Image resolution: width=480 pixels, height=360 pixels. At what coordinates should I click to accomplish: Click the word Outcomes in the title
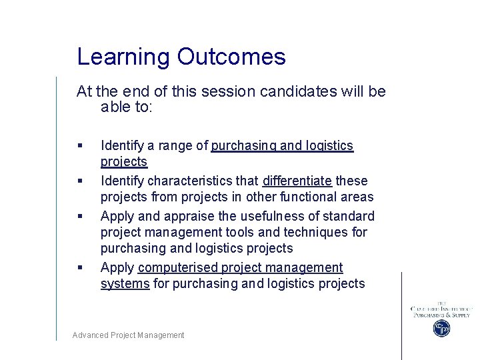coord(231,57)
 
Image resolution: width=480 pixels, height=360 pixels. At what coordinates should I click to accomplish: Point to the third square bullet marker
coord(80,217)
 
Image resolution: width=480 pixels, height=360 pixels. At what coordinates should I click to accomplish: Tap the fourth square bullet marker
coord(80,268)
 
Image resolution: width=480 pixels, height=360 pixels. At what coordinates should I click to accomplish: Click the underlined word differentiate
coord(297,181)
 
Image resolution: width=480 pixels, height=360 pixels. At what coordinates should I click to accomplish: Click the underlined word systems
coord(125,283)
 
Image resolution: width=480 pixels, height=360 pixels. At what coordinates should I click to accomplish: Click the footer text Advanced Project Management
coord(128,335)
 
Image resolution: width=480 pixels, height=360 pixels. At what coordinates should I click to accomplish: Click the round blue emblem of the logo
coord(441,328)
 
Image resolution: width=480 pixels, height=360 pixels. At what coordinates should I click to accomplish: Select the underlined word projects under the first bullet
coord(123,162)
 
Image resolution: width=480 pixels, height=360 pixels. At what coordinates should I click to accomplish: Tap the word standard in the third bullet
coord(350,216)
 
